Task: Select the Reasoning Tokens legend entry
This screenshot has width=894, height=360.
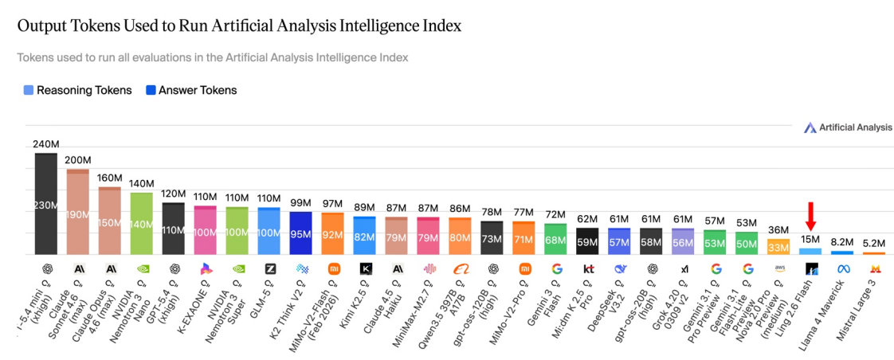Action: pyautogui.click(x=77, y=90)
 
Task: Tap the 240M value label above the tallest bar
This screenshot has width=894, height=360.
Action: pyautogui.click(x=46, y=144)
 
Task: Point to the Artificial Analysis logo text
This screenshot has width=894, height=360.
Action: pyautogui.click(x=855, y=127)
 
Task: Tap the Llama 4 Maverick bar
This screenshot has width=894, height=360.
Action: pyautogui.click(x=842, y=252)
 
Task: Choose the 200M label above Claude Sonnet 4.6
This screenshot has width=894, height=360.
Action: pyautogui.click(x=78, y=160)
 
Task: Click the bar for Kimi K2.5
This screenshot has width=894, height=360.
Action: pyautogui.click(x=365, y=236)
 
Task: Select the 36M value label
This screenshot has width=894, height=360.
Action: pyautogui.click(x=778, y=230)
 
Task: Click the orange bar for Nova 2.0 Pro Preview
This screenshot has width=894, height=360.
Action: pyautogui.click(x=778, y=247)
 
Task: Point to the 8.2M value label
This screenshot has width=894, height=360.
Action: pyautogui.click(x=842, y=241)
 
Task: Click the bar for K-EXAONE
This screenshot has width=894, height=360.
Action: pyautogui.click(x=206, y=231)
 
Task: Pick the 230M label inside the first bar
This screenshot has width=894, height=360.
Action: pyautogui.click(x=46, y=205)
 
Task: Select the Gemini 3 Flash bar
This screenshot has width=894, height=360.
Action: pyautogui.click(x=556, y=239)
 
